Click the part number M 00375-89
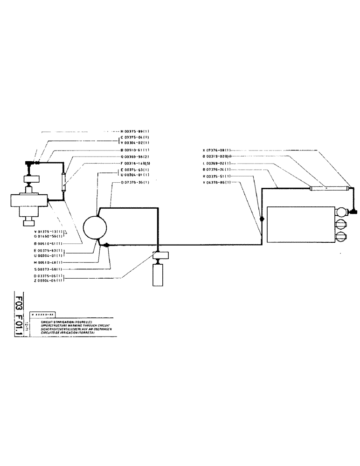coord(134,132)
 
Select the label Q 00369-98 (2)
coord(134,157)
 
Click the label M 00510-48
coord(48,263)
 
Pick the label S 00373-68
coord(48,269)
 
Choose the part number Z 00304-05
coord(48,281)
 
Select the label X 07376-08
coord(217,151)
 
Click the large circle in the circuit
coord(95,228)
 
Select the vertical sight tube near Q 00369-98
coord(63,180)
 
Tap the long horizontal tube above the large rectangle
coord(330,188)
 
